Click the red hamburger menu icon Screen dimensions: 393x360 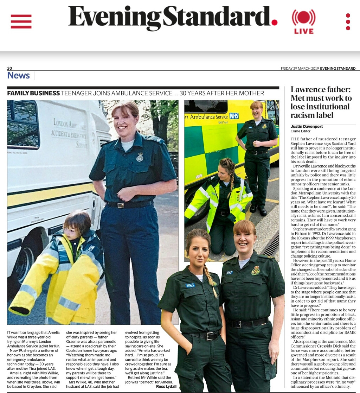[21, 21]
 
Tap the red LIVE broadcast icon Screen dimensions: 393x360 [304, 21]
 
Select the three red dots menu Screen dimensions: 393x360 [348, 22]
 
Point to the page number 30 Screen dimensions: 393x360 [9, 68]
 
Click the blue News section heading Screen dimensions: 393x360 [19, 76]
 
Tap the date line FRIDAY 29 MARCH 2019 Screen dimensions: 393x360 [300, 69]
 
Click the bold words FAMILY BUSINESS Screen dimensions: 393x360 [33, 93]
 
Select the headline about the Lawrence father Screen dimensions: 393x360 [321, 102]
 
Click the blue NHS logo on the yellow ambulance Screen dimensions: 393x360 [234, 116]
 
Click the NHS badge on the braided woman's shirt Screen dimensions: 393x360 [191, 285]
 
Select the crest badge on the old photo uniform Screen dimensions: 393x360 [140, 157]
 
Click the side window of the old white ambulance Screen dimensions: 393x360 [23, 125]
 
